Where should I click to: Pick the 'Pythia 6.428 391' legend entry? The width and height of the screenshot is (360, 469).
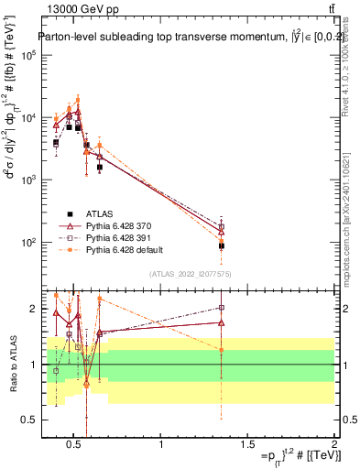[123, 236]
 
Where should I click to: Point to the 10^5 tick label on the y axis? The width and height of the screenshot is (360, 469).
[27, 55]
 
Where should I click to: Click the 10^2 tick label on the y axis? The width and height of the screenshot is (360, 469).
[27, 243]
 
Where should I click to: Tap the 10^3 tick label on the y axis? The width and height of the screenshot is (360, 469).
[27, 180]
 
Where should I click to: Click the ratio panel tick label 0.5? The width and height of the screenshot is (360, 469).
[29, 419]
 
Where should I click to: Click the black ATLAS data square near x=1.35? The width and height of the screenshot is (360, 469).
[221, 245]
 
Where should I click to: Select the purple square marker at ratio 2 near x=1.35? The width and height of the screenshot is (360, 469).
[221, 308]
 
